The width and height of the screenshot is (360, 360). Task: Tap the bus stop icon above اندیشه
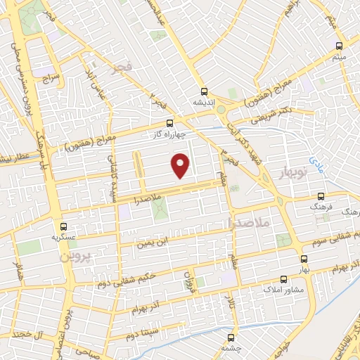click(204, 91)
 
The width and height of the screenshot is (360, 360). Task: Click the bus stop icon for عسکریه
click(64, 226)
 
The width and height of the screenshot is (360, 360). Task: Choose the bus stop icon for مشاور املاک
click(283, 279)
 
